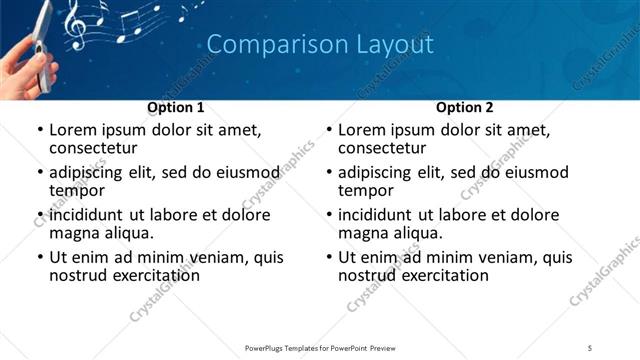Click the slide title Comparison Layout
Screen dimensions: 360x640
tap(320, 45)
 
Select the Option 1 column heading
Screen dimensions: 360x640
tap(176, 106)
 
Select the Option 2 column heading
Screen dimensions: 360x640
tap(465, 106)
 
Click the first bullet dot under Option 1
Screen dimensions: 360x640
tap(39, 130)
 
